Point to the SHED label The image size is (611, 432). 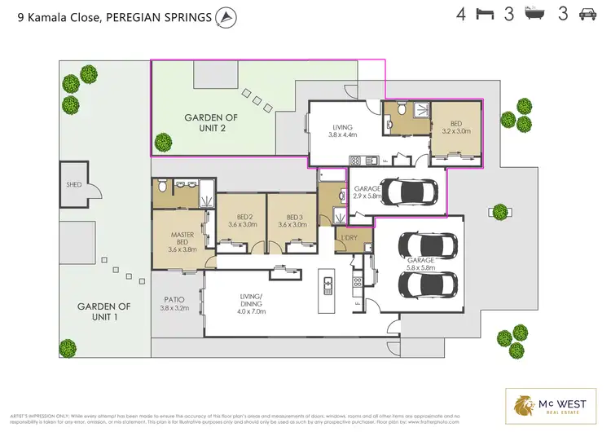click(74, 185)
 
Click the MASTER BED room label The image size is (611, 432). click(182, 242)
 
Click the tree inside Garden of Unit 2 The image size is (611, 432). click(163, 141)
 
